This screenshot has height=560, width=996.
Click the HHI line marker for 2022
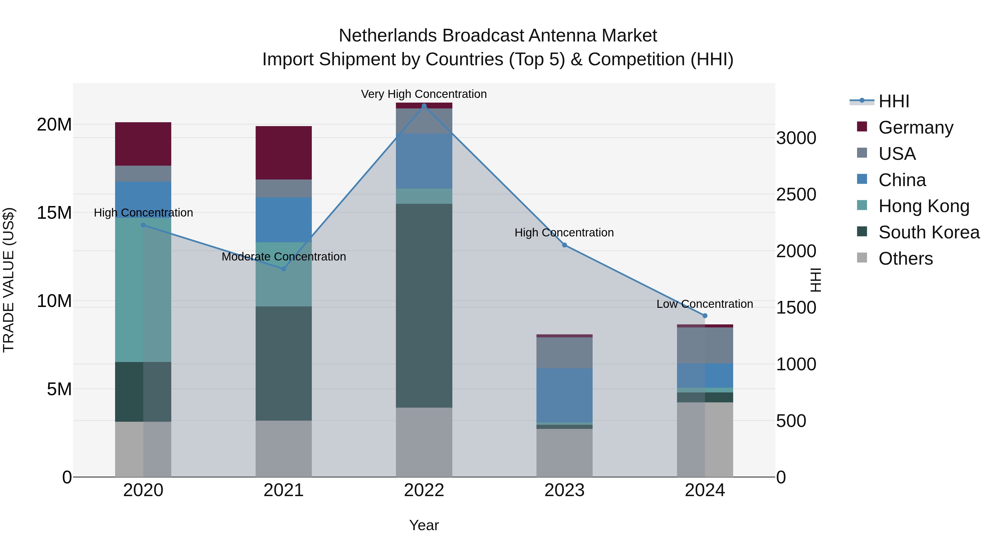tap(424, 106)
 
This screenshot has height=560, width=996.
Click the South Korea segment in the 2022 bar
tap(424, 305)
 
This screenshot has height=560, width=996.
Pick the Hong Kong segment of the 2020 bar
tap(143, 290)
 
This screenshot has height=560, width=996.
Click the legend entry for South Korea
tap(929, 232)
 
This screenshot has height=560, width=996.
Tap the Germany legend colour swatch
tap(862, 127)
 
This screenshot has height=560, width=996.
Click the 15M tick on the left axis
tap(54, 213)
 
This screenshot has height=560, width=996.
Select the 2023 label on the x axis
tap(564, 490)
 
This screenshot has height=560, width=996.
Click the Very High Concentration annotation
tap(424, 94)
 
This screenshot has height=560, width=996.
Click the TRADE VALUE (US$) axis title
tap(9, 280)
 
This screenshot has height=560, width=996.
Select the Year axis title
tap(424, 525)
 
